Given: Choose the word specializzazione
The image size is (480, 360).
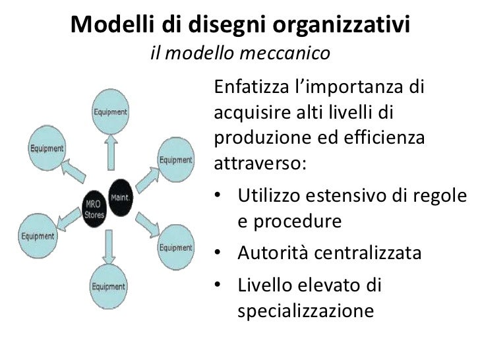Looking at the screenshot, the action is pyautogui.click(x=305, y=311).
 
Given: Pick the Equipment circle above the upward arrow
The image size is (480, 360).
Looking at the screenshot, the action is pyautogui.click(x=110, y=112).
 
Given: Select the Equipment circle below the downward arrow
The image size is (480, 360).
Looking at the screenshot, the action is pyautogui.click(x=108, y=286).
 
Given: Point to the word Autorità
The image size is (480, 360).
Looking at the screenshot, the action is pyautogui.click(x=271, y=253).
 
